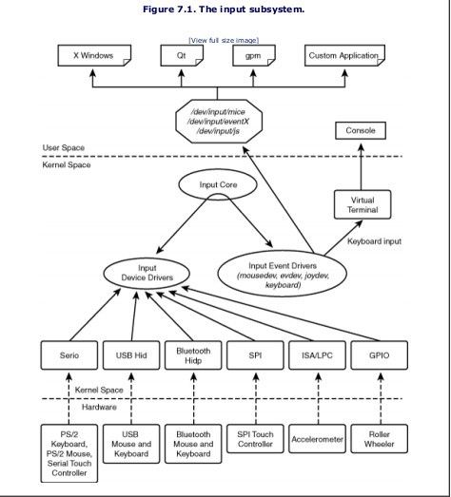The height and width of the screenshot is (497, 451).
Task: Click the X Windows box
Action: pyautogui.click(x=94, y=55)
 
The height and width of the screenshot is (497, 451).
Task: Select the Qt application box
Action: pyautogui.click(x=182, y=55)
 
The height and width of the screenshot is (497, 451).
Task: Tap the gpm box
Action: pyautogui.click(x=254, y=55)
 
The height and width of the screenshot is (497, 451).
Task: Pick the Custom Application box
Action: pyautogui.click(x=344, y=55)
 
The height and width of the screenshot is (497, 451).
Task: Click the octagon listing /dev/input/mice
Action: pyautogui.click(x=219, y=122)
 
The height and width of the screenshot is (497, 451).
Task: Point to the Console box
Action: pyautogui.click(x=361, y=130)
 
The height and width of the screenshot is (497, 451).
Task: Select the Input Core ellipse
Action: pyautogui.click(x=218, y=184)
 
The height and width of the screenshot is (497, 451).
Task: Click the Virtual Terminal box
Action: pyautogui.click(x=363, y=204)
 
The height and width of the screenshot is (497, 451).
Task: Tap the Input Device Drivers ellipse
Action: pyautogui.click(x=147, y=274)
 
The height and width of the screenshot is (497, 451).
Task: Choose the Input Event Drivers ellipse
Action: pyautogui.click(x=283, y=274)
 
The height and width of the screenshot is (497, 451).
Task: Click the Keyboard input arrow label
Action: pyautogui.click(x=375, y=241)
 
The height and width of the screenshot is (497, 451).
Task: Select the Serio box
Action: pyautogui.click(x=69, y=355)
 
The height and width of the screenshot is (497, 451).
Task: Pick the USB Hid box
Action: pyautogui.click(x=131, y=355)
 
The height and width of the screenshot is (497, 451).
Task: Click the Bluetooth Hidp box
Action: pyautogui.click(x=193, y=355)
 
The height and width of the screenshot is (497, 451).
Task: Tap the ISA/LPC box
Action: pyautogui.click(x=318, y=355)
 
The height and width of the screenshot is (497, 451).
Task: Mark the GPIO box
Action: pyautogui.click(x=380, y=355)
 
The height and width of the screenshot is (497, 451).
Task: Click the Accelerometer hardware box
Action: pyautogui.click(x=318, y=439)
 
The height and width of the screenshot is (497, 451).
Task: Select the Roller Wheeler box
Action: pyautogui.click(x=380, y=439)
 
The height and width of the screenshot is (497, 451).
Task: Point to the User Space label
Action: pyautogui.click(x=64, y=147)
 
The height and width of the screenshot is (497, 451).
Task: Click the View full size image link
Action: pyautogui.click(x=224, y=40)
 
